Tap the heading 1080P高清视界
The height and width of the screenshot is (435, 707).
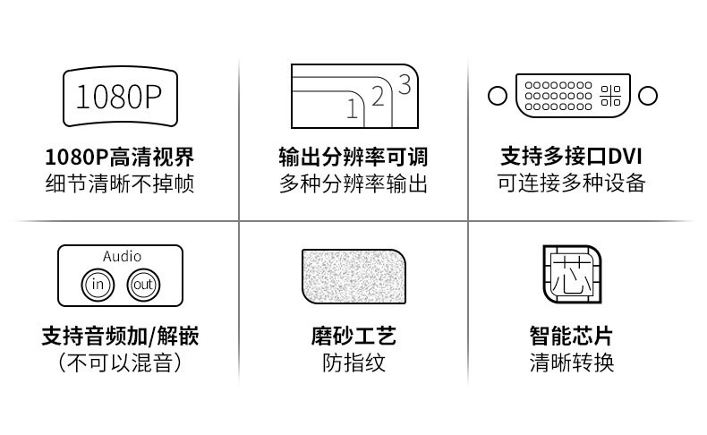(x=120, y=158)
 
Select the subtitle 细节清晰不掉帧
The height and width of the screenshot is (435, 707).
(x=120, y=185)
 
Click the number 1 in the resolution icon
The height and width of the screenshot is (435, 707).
(x=352, y=110)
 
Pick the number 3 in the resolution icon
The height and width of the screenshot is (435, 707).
(x=404, y=85)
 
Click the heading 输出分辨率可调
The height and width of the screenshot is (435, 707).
(x=353, y=158)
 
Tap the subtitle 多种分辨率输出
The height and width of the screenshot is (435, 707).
(x=353, y=185)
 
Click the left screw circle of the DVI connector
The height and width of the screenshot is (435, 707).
(x=498, y=96)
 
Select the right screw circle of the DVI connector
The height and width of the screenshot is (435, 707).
(x=649, y=96)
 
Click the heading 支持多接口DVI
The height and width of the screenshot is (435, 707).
(x=572, y=158)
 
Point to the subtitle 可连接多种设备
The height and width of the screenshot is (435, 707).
(x=572, y=185)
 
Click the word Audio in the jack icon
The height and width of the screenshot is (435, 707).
(x=121, y=256)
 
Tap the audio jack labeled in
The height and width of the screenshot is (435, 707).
(x=98, y=285)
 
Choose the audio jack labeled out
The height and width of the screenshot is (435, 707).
(x=142, y=285)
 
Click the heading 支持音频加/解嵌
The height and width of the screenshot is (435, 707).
(x=120, y=337)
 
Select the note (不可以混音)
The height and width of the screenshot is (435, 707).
(x=120, y=363)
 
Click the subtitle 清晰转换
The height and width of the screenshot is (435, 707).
(x=572, y=363)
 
